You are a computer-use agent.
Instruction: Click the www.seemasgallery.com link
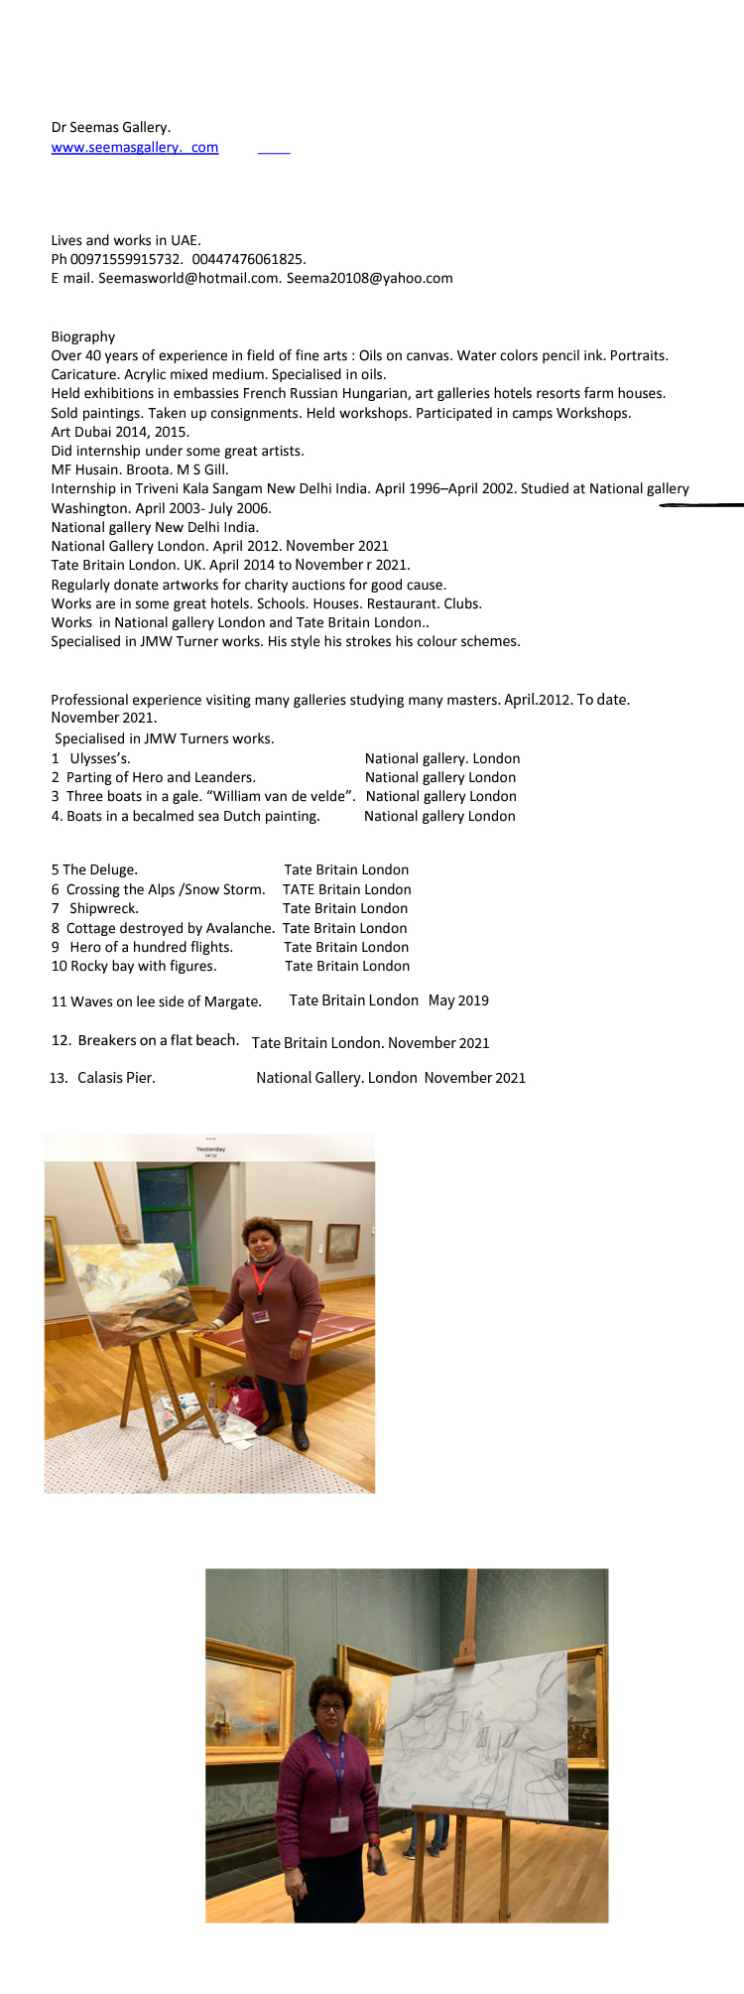point(134,148)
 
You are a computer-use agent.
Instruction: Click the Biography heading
point(83,336)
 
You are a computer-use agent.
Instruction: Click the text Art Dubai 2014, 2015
point(120,432)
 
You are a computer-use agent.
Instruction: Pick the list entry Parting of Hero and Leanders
point(161,777)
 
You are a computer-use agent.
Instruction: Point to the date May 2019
point(458,1000)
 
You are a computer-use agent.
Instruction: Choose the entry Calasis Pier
point(116,1078)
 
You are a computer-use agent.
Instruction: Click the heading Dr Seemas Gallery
point(110,127)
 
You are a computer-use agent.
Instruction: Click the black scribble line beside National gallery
point(701,505)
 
